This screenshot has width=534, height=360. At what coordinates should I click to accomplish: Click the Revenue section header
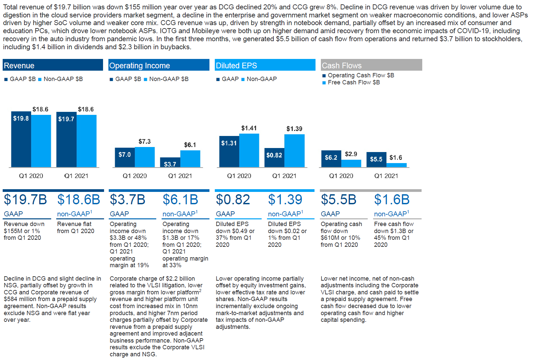coord(53,65)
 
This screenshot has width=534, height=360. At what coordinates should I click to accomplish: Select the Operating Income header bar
coord(159,65)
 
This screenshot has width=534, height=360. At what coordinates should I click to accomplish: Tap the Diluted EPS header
coord(265,65)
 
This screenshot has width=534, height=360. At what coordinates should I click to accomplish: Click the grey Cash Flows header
coord(371,65)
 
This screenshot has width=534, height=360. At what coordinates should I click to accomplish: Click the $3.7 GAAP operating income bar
coord(170,163)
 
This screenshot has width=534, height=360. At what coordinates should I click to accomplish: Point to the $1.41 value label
coord(249,128)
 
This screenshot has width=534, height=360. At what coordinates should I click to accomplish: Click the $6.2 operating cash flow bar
coord(331,158)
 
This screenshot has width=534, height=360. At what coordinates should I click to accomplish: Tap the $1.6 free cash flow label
coord(396,158)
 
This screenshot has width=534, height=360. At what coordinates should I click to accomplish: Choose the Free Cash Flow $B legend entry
coord(354,82)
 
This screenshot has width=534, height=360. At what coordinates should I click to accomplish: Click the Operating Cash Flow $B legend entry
coord(361,75)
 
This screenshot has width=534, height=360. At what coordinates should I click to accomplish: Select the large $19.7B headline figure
coord(25,200)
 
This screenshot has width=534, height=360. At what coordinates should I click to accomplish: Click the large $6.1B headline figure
coord(180,200)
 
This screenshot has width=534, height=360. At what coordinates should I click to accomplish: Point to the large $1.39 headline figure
coord(285,200)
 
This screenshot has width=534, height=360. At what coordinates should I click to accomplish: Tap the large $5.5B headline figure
coord(339,200)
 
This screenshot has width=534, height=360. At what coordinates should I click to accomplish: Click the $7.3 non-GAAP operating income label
coord(145,142)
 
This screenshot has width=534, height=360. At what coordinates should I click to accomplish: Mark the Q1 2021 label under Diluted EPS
coord(284,176)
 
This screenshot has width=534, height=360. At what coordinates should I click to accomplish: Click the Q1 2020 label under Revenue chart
coord(31,176)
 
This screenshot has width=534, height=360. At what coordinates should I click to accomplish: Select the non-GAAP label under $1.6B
coord(391,214)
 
